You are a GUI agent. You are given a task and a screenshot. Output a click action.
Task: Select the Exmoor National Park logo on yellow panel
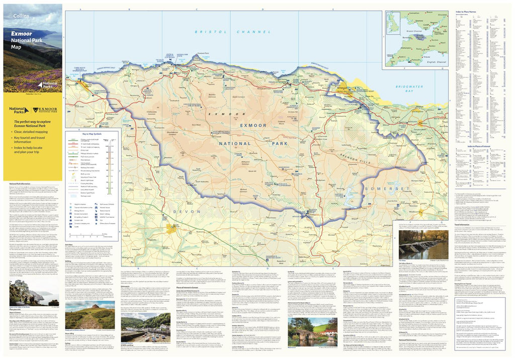coord(44,110)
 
